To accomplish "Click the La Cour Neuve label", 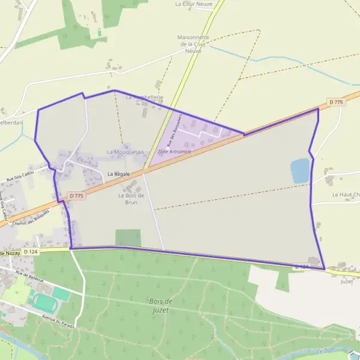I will (194, 4).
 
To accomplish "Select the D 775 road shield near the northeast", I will (337, 103).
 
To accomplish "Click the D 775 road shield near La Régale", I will (76, 196).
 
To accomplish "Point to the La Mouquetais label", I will (125, 152).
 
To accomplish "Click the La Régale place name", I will (119, 174).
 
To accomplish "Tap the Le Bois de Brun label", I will (131, 199).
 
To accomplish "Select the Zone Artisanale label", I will (175, 152).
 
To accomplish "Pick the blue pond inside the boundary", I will (299, 171).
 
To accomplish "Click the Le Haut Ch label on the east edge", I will (345, 195).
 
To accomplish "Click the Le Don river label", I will (324, 350).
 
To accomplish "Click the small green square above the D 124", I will (128, 238).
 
